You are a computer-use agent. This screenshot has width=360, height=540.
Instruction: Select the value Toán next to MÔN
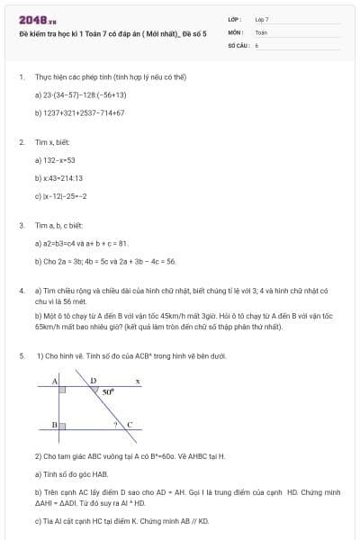[x=261, y=31]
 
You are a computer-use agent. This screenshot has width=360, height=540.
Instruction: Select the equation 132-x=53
[x=58, y=160]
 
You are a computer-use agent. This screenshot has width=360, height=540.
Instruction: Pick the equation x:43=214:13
[x=61, y=178]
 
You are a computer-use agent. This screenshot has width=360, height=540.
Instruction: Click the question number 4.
[x=21, y=291]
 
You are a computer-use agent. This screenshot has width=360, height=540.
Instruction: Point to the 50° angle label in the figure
[x=108, y=392]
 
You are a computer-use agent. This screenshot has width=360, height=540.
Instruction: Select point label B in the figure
[x=54, y=424]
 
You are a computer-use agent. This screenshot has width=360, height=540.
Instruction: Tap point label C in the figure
[x=129, y=424]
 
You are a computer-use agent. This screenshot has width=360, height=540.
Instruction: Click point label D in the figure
[x=93, y=381]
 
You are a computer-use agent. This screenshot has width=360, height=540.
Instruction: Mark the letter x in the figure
[x=137, y=382]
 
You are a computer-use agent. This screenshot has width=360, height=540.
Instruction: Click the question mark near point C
[x=114, y=422]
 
